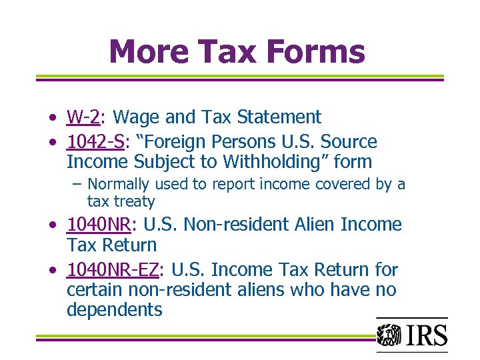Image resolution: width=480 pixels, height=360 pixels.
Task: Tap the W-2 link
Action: pyautogui.click(x=83, y=117)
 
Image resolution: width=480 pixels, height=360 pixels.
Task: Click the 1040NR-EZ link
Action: pyautogui.click(x=112, y=270)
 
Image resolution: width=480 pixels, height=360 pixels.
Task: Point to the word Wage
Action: pyautogui.click(x=136, y=117)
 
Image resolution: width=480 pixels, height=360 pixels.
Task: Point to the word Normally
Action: pyautogui.click(x=119, y=184)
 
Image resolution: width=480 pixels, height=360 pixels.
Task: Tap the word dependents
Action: pyautogui.click(x=114, y=310)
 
